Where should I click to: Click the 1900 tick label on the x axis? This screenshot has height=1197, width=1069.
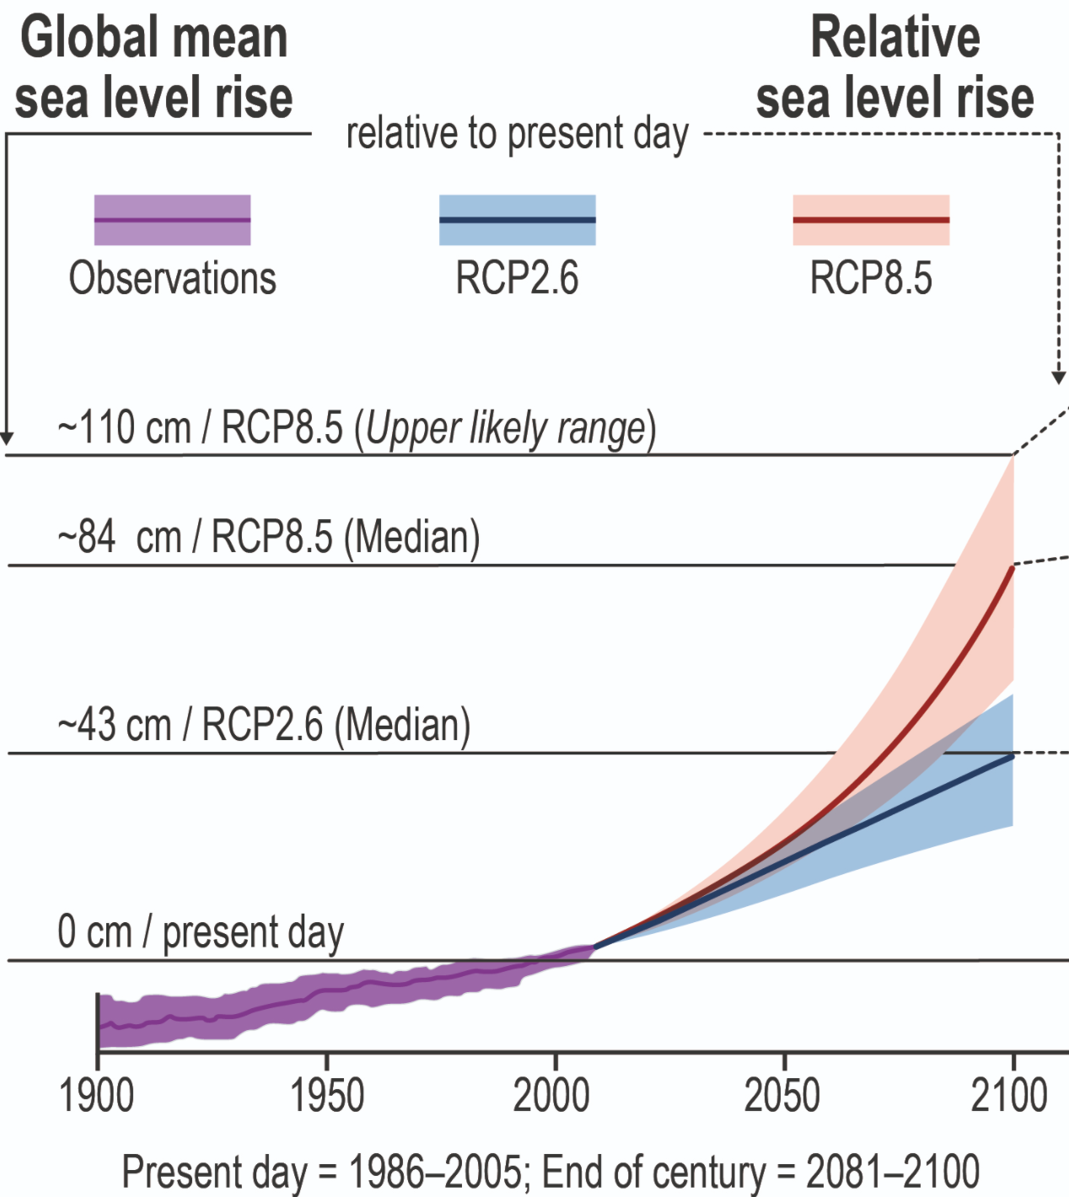(97, 1097)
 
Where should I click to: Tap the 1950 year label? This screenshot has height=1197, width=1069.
(326, 1097)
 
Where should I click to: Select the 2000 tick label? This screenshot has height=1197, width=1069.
(552, 1097)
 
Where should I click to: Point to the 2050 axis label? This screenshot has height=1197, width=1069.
(782, 1097)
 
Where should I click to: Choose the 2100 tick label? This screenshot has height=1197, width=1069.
(1009, 1097)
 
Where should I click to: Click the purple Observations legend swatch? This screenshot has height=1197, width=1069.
(172, 220)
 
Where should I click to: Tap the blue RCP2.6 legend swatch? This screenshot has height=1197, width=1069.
(517, 220)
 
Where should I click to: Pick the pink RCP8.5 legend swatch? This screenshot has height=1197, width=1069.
(871, 220)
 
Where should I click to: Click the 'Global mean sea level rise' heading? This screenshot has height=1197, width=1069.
(153, 67)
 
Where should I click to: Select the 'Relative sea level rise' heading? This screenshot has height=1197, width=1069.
(894, 67)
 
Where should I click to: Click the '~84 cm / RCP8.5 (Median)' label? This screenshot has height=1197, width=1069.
(268, 538)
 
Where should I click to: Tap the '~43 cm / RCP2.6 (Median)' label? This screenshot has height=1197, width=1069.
(263, 725)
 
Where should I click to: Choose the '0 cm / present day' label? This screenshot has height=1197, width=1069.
(201, 933)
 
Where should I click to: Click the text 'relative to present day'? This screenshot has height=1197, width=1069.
(517, 134)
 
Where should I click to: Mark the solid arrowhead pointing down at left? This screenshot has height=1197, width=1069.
(7, 437)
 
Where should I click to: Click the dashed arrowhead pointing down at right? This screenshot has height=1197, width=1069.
(1060, 377)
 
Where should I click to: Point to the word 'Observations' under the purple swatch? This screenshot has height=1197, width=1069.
(172, 278)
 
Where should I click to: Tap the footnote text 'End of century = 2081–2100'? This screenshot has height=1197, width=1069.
(760, 1172)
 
